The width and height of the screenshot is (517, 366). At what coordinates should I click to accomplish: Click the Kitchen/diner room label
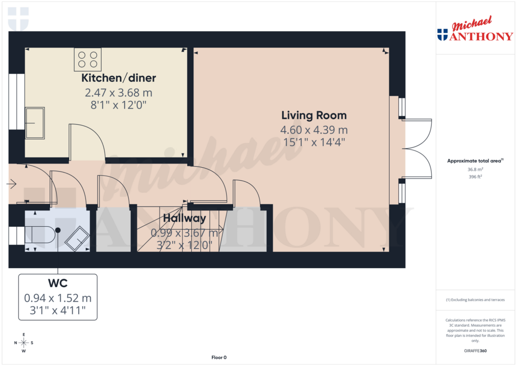tap(119, 78)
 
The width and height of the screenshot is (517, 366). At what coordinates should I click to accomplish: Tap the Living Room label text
tap(314, 115)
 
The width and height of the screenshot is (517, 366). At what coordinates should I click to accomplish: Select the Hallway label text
tap(184, 219)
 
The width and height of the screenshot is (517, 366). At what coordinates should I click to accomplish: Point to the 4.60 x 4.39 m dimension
tap(314, 130)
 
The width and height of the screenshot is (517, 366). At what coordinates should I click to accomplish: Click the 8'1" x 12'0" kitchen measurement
tap(119, 105)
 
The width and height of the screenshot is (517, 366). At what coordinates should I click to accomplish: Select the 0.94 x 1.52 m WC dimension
tap(58, 298)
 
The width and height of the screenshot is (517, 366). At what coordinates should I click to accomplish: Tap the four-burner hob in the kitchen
tap(88, 59)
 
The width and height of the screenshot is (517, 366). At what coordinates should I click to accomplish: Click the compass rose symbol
tap(24, 343)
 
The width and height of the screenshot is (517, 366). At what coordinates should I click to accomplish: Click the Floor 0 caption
tap(219, 357)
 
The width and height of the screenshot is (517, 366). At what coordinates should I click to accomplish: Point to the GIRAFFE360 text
tap(475, 351)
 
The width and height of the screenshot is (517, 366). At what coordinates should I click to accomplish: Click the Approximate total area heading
tap(474, 161)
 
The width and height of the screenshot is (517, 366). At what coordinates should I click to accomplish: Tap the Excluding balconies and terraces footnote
tap(475, 300)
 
